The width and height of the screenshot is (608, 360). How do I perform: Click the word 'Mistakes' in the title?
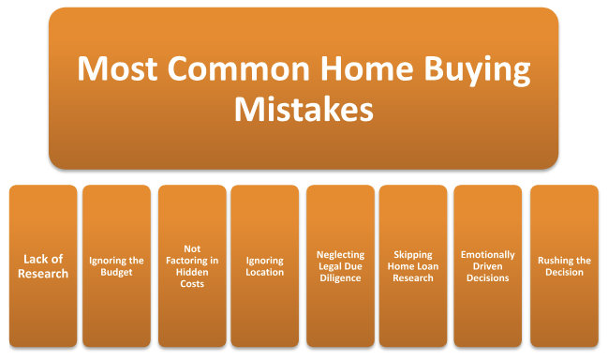click(304, 109)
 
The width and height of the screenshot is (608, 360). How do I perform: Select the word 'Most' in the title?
click(112, 68)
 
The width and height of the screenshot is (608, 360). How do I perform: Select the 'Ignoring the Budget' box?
click(116, 265)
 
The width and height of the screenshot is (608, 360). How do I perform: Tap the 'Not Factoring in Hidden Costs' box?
click(191, 265)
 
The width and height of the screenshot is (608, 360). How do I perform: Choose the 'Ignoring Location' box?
click(265, 265)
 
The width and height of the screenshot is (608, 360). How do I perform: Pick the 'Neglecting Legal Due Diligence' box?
click(340, 265)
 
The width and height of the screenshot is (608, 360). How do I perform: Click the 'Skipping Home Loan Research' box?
click(414, 265)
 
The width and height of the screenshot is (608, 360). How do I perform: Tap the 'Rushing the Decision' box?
click(564, 265)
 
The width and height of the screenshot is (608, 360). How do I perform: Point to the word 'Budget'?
click(116, 273)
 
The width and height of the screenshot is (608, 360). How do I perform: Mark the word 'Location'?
click(265, 273)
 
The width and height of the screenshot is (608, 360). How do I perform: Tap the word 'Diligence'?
click(340, 278)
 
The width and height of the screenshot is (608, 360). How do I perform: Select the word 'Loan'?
click(425, 266)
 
